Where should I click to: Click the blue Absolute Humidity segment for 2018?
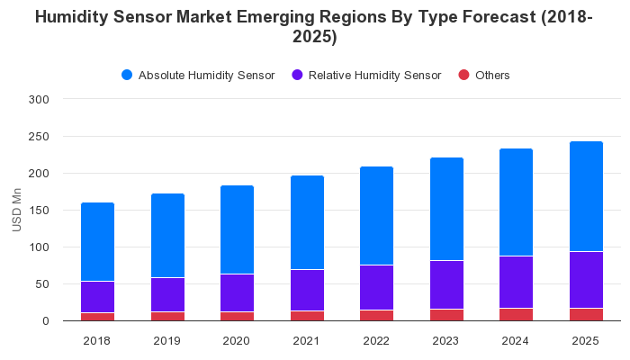coord(97,242)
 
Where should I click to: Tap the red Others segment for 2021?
coord(307,316)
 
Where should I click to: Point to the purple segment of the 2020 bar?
coord(237,292)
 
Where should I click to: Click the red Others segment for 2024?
coord(516,315)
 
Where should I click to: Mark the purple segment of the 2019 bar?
coord(167,294)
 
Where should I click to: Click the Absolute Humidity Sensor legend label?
coord(206,76)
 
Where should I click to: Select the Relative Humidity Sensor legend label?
coord(374,76)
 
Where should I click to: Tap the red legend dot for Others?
coord(464,76)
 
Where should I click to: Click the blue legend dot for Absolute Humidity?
coord(127,76)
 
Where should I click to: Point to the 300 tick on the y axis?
coord(40,99)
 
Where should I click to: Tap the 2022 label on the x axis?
coord(376,340)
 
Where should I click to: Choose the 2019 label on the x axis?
coord(167,340)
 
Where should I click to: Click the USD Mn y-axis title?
coord(17,210)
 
